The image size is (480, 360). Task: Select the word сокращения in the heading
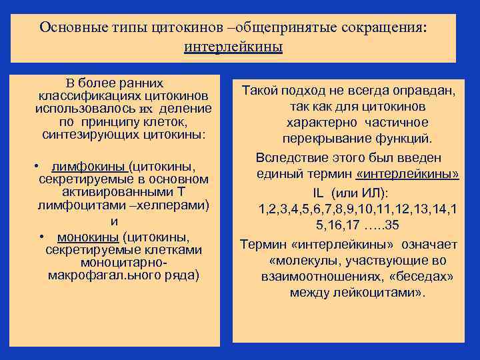(385, 28)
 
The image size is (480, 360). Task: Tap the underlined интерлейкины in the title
(233, 47)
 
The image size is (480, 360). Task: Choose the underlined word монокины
(87, 237)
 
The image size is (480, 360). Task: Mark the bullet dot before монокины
(41, 237)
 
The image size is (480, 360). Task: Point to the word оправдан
(425, 91)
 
